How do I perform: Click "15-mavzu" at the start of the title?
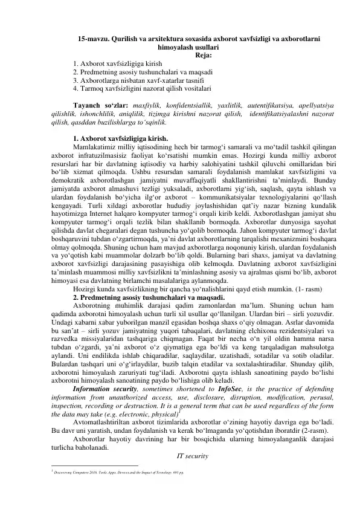[x=95, y=39]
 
